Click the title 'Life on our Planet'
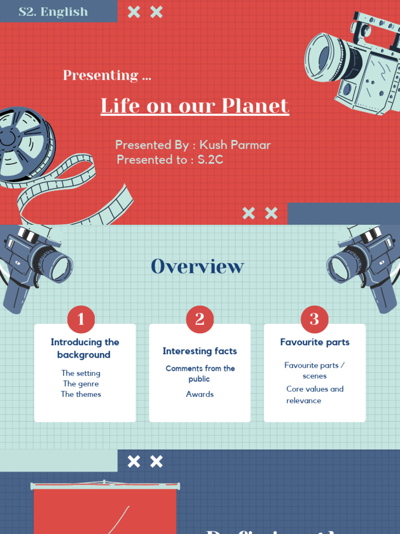195,106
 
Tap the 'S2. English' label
53,11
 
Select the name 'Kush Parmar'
235,145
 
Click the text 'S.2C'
210,160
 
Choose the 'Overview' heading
197,266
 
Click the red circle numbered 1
81,319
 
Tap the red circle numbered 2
199,319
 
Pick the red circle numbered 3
315,319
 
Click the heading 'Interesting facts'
199,351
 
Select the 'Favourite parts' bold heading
315,342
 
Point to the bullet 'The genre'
81,384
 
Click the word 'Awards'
199,394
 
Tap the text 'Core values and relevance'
315,395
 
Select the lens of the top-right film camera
325,57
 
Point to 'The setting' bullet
81,373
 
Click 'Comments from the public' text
199,373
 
